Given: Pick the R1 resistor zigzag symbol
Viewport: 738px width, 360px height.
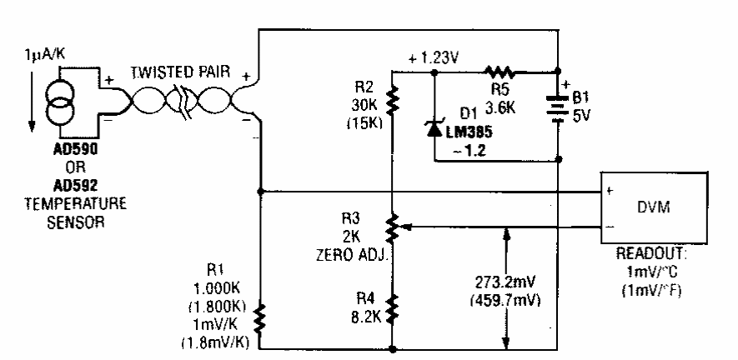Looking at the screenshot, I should [x=260, y=317].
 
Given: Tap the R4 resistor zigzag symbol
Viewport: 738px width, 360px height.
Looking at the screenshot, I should [x=391, y=308].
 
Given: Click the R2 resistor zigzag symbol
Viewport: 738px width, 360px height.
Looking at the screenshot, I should [x=391, y=101].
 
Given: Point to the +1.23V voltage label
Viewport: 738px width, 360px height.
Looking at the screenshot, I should [x=430, y=58].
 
